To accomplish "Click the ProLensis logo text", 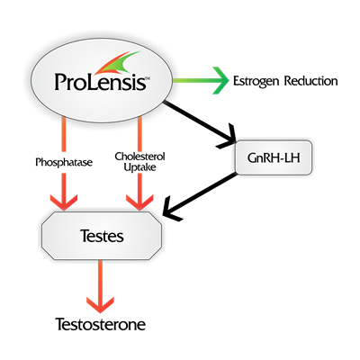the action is point(102,81).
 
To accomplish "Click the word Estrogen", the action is point(256,82).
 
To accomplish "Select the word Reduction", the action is point(311,81).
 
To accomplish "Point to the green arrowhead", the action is point(221,80).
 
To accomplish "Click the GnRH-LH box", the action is point(274,157).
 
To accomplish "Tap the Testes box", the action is point(102,236).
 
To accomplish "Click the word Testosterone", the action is point(101,324).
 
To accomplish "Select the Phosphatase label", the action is point(64,163).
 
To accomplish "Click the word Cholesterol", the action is point(140,157).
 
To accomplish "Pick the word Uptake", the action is point(140,167).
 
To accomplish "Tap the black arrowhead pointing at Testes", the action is point(172,209).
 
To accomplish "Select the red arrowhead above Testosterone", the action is point(100,305).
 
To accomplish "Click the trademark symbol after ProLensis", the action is point(148,78).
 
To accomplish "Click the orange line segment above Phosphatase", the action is point(64,134).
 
